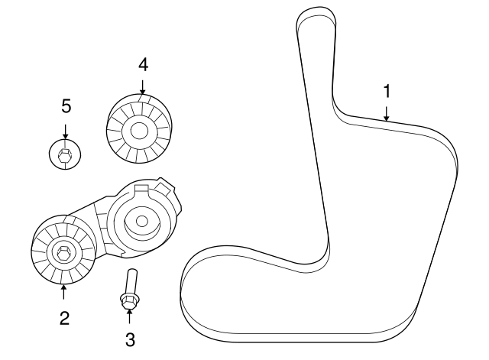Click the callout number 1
pyautogui.click(x=387, y=90)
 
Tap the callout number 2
pyautogui.click(x=64, y=317)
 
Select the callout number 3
pyautogui.click(x=129, y=337)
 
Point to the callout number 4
pyautogui.click(x=143, y=64)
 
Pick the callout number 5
pyautogui.click(x=66, y=105)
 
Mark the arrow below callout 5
pyautogui.click(x=66, y=130)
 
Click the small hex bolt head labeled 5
pyautogui.click(x=66, y=156)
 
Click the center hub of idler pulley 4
pyautogui.click(x=138, y=131)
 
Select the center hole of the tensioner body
pyautogui.click(x=141, y=222)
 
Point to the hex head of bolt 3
pyautogui.click(x=128, y=301)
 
